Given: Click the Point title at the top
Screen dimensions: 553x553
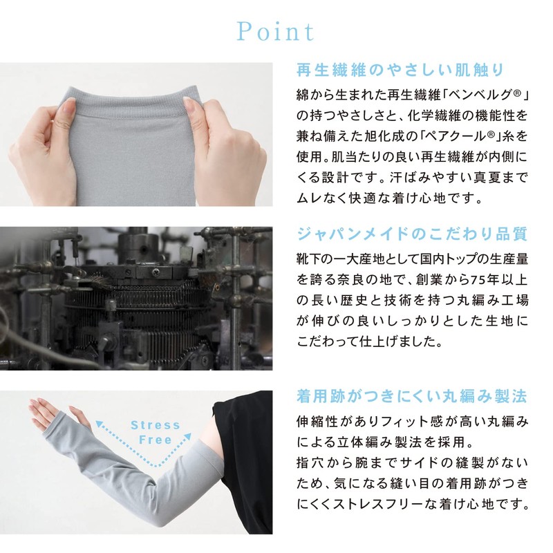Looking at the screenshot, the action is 275,32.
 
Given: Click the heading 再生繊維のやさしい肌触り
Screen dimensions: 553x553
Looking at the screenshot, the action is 400,71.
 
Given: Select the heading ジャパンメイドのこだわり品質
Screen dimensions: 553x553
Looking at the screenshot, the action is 412,234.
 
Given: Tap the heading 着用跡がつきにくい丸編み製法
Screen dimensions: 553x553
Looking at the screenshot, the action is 412,396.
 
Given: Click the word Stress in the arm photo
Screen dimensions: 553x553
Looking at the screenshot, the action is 155,425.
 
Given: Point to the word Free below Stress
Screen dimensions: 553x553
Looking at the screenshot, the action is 155,440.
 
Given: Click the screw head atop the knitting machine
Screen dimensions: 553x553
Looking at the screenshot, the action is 155,272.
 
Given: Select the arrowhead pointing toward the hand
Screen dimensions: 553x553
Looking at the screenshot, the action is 100,424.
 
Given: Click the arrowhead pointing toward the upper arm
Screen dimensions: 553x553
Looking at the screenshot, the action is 187,438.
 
